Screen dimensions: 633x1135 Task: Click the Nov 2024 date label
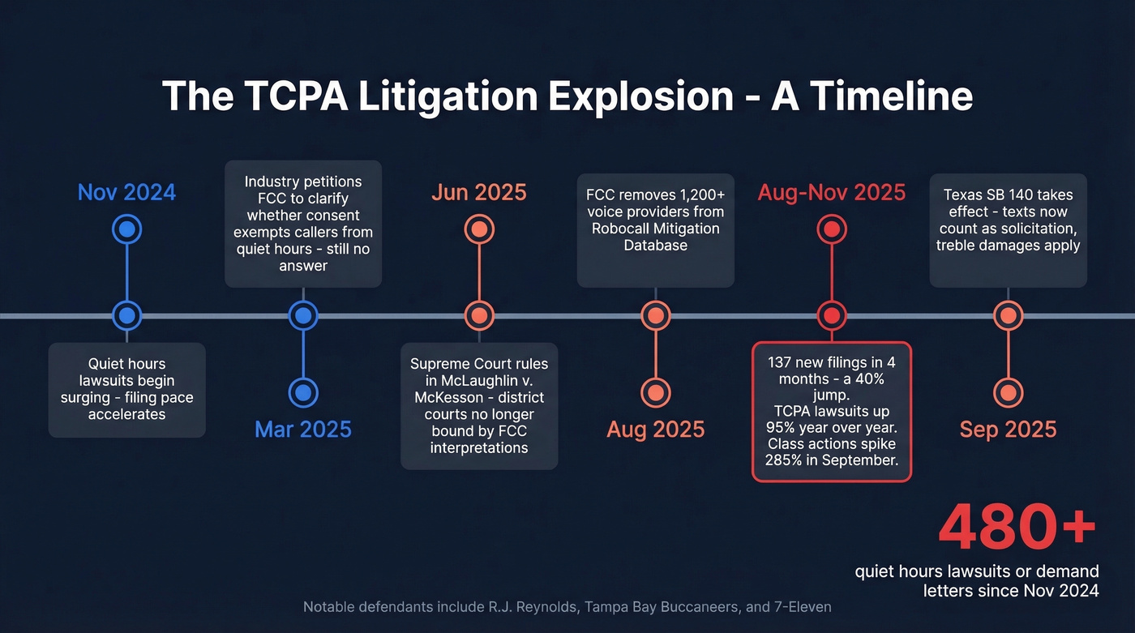[x=126, y=193]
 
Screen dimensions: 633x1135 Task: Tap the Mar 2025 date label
[x=303, y=429]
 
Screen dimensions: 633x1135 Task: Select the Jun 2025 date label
[x=478, y=193]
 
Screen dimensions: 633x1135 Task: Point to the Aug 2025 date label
[x=655, y=429]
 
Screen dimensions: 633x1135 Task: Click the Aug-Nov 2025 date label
[x=831, y=193]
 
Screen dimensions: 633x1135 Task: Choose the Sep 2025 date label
[x=1008, y=429]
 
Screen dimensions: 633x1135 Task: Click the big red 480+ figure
[x=1017, y=528]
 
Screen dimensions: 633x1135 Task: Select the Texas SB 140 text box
[x=1008, y=230]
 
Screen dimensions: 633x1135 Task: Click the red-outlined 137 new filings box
[x=831, y=411]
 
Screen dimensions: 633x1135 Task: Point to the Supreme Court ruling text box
[x=479, y=406]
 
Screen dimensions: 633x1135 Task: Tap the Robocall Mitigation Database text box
[x=655, y=230]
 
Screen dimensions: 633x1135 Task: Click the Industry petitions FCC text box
[x=303, y=224]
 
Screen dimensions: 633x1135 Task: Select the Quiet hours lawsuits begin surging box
[x=126, y=390]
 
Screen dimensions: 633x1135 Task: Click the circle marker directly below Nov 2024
[x=126, y=229]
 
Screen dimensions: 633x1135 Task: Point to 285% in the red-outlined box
[x=783, y=460]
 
